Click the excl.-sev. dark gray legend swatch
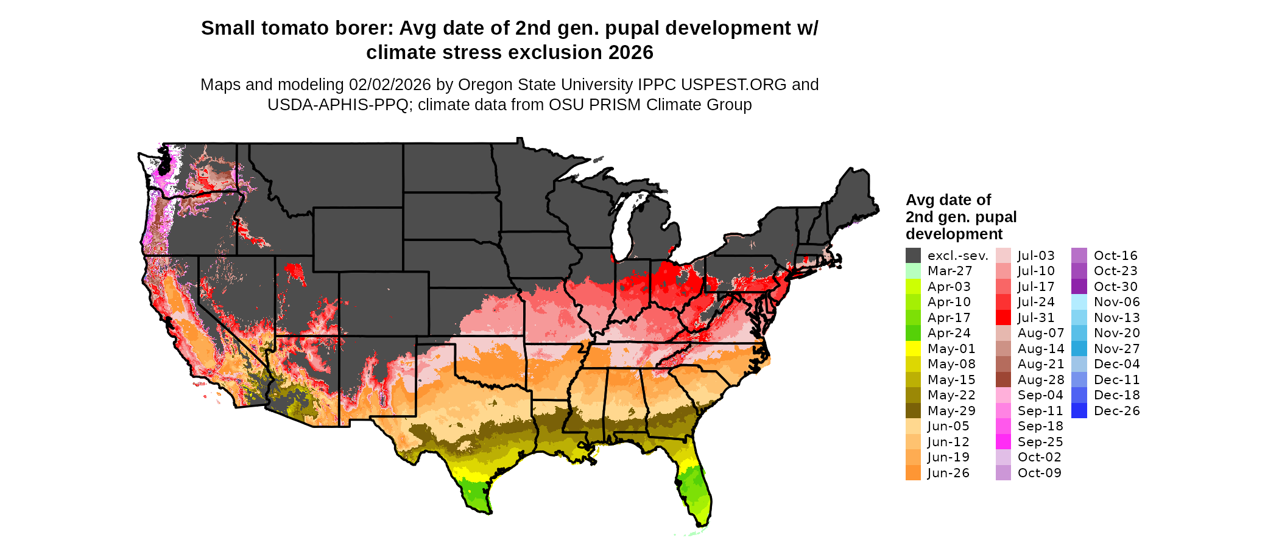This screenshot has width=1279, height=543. [x=913, y=256]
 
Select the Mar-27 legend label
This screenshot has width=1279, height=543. [x=950, y=271]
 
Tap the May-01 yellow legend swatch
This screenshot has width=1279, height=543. [x=913, y=349]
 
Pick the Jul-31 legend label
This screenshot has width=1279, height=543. [x=1035, y=318]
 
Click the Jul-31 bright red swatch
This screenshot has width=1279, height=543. [x=1003, y=318]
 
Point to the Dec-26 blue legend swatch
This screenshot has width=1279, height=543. [x=1079, y=411]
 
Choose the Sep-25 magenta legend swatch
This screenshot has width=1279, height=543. [x=1003, y=442]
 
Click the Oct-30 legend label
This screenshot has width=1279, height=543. [x=1115, y=287]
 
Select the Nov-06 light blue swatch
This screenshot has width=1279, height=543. [x=1079, y=302]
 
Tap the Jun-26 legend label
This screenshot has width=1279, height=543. [x=948, y=473]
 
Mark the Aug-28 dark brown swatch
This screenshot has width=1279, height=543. [x=1003, y=380]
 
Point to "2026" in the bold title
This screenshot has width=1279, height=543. [x=630, y=52]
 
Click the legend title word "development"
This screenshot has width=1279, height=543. [x=954, y=234]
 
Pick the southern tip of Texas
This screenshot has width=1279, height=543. [x=484, y=510]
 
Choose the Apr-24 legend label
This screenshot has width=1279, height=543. [x=948, y=333]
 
